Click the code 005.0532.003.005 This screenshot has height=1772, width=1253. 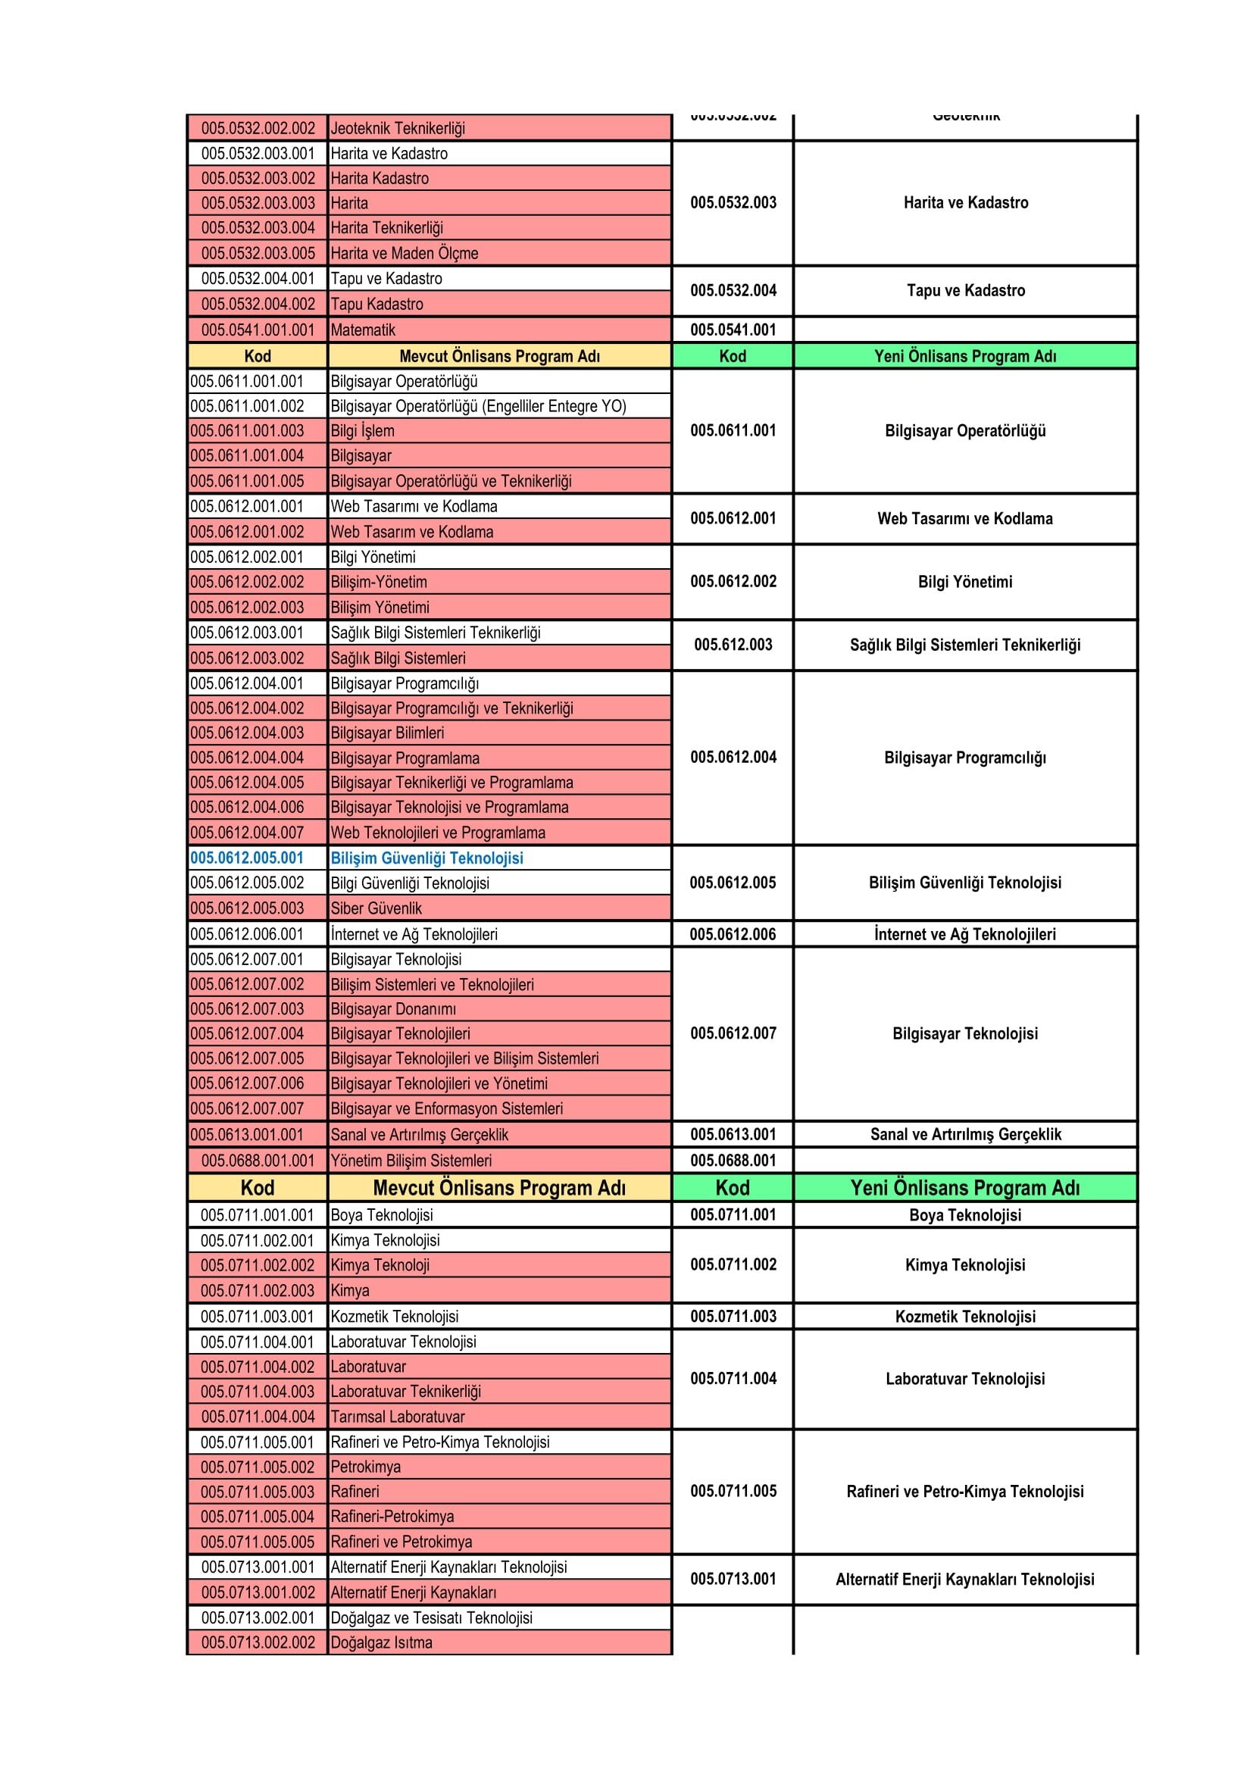click(258, 253)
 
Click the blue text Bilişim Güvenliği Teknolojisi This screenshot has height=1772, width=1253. click(427, 858)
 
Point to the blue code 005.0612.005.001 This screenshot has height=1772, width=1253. click(247, 858)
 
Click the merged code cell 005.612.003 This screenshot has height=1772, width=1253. click(733, 645)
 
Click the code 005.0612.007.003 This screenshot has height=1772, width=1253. click(247, 1008)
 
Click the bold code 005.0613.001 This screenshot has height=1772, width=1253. click(733, 1135)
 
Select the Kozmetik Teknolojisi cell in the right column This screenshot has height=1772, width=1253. click(965, 1317)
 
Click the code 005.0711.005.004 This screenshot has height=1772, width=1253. click(258, 1517)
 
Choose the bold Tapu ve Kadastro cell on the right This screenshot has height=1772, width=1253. click(966, 291)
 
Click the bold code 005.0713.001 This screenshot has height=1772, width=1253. click(733, 1579)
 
